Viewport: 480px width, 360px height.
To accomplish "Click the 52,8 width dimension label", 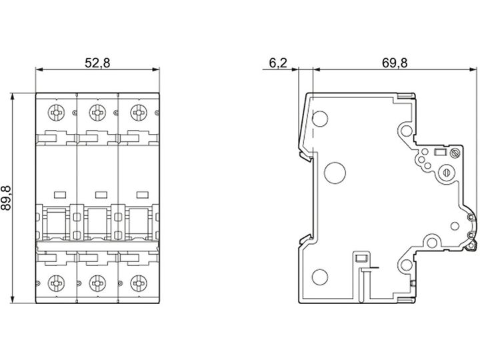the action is tap(97, 63).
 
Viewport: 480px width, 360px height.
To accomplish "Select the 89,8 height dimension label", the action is tap(6, 198).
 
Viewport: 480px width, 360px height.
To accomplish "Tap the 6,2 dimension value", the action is tap(278, 63).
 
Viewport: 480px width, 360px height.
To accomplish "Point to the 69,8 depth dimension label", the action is tap(395, 63).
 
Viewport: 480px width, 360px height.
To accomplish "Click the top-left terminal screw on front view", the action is tap(56, 113).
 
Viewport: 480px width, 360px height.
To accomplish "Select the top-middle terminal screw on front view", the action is tap(97, 113).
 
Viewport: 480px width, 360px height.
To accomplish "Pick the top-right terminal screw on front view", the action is tap(139, 113).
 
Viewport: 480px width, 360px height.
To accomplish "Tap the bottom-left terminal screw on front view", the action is tap(56, 283).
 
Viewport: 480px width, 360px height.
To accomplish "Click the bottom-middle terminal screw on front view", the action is tap(97, 283).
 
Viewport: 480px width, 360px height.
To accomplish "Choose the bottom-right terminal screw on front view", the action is tap(139, 283).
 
